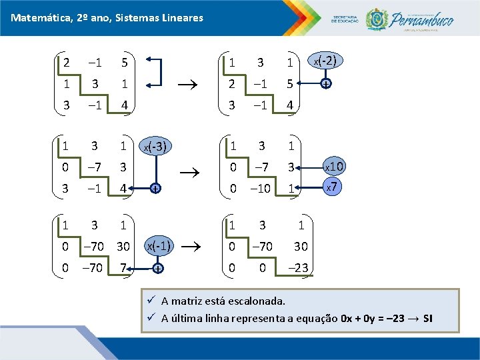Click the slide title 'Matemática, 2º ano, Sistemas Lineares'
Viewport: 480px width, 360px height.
107,18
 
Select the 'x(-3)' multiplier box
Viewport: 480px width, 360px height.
155,147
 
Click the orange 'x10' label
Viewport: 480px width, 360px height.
334,165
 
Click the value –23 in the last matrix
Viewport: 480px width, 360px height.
301,268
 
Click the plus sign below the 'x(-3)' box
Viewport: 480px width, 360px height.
154,189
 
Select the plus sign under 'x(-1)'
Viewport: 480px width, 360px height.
158,269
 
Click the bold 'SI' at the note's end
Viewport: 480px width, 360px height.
427,318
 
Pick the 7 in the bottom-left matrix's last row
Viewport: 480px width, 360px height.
123,268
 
